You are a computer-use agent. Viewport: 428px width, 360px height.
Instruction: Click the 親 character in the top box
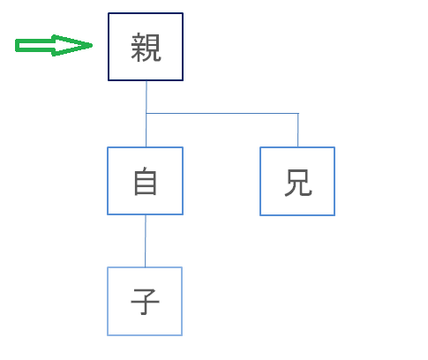(x=146, y=47)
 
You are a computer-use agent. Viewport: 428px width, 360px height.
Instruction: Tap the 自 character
(x=146, y=181)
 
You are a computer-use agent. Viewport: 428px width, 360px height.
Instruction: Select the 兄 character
(x=298, y=183)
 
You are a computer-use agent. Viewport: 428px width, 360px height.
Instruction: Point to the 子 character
(x=145, y=302)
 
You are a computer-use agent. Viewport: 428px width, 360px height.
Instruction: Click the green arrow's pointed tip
(x=92, y=45)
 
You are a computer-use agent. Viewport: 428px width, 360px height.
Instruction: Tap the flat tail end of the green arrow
(x=16, y=45)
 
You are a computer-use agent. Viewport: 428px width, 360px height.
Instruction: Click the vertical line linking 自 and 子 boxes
(x=146, y=241)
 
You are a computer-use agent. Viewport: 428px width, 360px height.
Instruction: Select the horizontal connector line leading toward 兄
(x=222, y=113)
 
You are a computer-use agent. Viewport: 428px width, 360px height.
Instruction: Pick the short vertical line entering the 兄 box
(x=298, y=130)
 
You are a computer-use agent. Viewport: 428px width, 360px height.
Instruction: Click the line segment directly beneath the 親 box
(x=146, y=97)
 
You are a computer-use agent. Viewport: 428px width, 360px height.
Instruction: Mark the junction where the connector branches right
(x=146, y=113)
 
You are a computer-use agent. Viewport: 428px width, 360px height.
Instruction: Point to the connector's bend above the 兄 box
(x=298, y=113)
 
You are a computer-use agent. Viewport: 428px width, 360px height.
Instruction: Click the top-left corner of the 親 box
(x=109, y=13)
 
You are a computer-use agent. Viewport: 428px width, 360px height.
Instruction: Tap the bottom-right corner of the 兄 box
(x=334, y=215)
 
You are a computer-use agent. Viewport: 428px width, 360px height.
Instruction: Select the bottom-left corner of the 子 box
(x=108, y=335)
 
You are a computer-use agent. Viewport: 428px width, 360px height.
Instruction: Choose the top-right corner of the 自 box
(x=183, y=147)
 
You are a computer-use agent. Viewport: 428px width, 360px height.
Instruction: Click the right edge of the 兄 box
(x=334, y=181)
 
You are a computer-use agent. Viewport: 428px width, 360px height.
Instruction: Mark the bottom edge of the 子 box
(x=145, y=335)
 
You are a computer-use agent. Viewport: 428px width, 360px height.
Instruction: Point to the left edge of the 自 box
(x=108, y=181)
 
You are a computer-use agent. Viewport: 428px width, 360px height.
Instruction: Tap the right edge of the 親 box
(x=183, y=47)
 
